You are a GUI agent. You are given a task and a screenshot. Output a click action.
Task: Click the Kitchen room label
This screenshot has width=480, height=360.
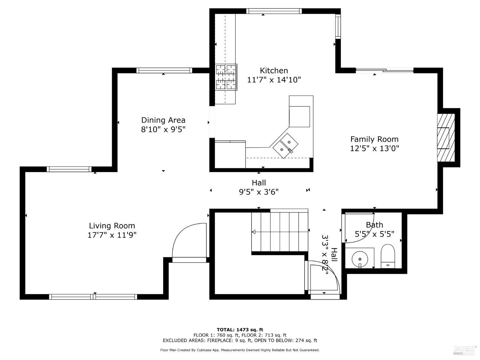coord(274,70)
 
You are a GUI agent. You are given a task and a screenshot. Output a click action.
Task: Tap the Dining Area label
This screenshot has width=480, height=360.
coord(163,120)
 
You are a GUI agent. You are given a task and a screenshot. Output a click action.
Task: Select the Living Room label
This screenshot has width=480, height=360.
coord(112,226)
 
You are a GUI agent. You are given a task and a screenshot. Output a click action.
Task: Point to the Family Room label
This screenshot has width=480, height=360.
coord(374,139)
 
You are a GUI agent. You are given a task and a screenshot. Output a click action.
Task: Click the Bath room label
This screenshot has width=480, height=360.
coord(374,225)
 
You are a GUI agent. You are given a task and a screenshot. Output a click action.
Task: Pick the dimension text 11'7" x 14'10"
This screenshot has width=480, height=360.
coord(274,80)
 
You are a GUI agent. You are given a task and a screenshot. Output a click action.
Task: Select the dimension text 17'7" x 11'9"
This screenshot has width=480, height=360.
coord(112,235)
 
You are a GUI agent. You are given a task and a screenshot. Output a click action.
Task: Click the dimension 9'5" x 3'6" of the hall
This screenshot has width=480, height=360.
coord(259,192)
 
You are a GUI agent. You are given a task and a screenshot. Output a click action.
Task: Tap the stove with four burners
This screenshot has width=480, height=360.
coord(226,77)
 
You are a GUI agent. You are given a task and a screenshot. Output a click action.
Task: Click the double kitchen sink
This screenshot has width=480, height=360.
coord(285,145)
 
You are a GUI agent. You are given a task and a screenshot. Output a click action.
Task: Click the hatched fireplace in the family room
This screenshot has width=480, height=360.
coord(446,138)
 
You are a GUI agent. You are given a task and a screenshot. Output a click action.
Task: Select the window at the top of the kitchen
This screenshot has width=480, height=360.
coord(274,11)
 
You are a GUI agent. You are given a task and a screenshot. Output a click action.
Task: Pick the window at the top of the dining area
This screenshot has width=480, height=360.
coord(164,70)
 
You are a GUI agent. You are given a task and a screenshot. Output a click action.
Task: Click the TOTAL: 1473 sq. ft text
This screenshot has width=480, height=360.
coord(240,330)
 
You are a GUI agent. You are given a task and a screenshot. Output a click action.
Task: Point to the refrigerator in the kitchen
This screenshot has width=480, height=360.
coord(300,116)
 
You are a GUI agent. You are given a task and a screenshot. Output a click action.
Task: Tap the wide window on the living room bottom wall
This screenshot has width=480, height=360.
coord(93,297)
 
